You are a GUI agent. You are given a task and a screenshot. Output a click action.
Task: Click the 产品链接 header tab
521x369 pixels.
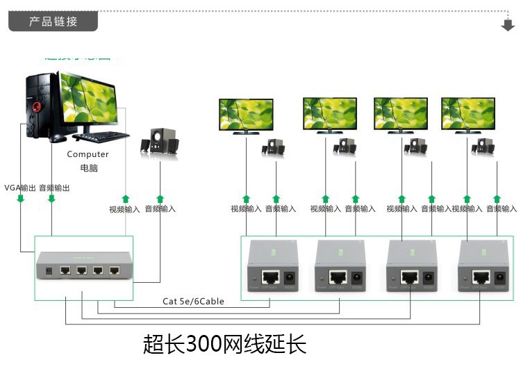tap(53, 21)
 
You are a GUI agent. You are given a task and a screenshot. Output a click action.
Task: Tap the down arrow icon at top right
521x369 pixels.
tap(506, 25)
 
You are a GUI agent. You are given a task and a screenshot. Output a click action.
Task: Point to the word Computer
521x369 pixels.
tap(88, 154)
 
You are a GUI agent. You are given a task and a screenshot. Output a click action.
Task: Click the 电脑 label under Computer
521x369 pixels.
tap(88, 169)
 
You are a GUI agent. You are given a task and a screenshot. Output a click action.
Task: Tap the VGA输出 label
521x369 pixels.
tap(20, 188)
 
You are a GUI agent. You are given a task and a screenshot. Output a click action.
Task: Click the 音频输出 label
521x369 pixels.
tap(54, 188)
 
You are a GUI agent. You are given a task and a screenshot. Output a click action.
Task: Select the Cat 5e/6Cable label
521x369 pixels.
tap(193, 301)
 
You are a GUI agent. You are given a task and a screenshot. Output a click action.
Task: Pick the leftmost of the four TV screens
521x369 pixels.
tap(246, 113)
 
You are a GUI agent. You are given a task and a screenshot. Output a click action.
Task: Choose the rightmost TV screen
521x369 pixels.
tap(468, 113)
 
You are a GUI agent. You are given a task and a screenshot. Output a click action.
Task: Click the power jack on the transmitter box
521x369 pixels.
tap(49, 270)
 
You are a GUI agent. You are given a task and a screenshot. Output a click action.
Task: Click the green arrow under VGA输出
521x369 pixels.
tap(20, 199)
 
